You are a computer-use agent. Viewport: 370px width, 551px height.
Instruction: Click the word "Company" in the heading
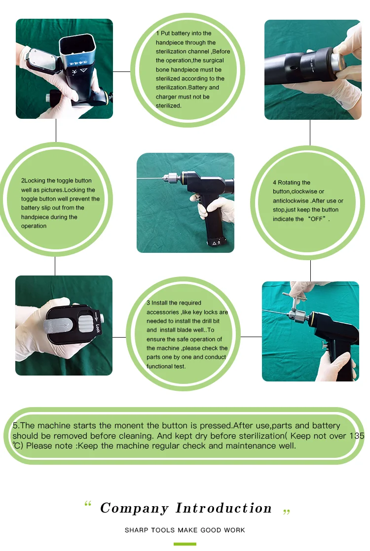[134, 509]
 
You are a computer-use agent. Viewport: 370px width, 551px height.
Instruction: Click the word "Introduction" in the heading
[223, 508]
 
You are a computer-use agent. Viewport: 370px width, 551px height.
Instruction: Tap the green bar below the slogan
[185, 544]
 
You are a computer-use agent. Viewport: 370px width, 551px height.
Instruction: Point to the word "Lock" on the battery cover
[97, 328]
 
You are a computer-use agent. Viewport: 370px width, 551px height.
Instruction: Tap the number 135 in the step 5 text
[357, 436]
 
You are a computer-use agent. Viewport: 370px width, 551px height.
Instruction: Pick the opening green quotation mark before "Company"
[88, 504]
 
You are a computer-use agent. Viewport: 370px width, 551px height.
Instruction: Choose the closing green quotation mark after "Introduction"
[287, 512]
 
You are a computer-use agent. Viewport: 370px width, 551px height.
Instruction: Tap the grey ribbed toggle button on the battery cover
[84, 324]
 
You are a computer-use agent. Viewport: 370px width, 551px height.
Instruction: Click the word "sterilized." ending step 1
[168, 105]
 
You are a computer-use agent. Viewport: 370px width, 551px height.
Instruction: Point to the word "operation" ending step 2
[34, 226]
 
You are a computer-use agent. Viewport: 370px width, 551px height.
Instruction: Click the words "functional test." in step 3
[166, 366]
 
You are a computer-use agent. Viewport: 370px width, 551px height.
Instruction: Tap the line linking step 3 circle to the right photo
[251, 337]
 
